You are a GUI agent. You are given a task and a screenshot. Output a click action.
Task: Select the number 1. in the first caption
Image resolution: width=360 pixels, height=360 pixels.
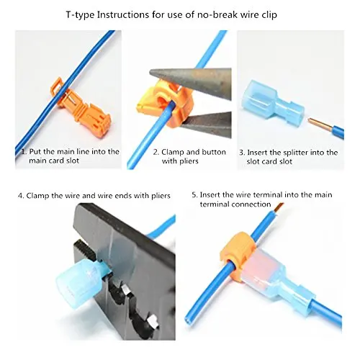[23, 152]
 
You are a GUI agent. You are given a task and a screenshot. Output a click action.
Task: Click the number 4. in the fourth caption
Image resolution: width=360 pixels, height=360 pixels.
[21, 195]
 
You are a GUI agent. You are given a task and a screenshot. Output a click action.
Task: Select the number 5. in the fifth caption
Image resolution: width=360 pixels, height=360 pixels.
[195, 195]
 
